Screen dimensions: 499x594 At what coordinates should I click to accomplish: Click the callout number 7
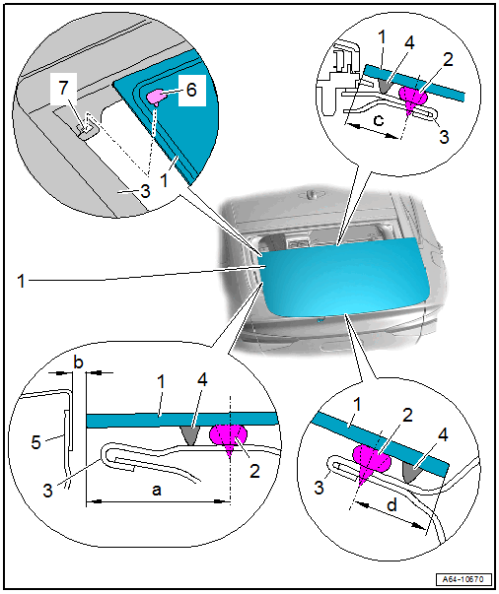click(64, 88)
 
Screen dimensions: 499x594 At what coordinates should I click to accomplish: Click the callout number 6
click(192, 90)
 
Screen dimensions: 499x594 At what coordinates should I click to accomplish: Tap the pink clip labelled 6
click(158, 97)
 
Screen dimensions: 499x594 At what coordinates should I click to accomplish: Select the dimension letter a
click(156, 490)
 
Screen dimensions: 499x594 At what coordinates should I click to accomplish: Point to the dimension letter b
click(78, 363)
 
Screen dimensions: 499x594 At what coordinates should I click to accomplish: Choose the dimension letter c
click(379, 120)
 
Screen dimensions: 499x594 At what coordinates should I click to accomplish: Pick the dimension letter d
click(392, 505)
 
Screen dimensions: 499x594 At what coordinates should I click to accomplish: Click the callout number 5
click(36, 442)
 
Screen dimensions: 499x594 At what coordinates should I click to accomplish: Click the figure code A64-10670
click(463, 579)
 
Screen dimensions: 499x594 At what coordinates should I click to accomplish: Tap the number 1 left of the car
click(22, 282)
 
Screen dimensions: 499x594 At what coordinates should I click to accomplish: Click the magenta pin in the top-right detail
click(413, 98)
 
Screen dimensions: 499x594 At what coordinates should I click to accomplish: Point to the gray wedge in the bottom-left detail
click(190, 434)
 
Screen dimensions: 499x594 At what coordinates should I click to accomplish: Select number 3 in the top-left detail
click(145, 190)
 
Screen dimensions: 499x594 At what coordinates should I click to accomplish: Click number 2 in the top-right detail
click(448, 59)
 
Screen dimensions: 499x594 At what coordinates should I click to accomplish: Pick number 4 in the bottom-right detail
click(443, 434)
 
